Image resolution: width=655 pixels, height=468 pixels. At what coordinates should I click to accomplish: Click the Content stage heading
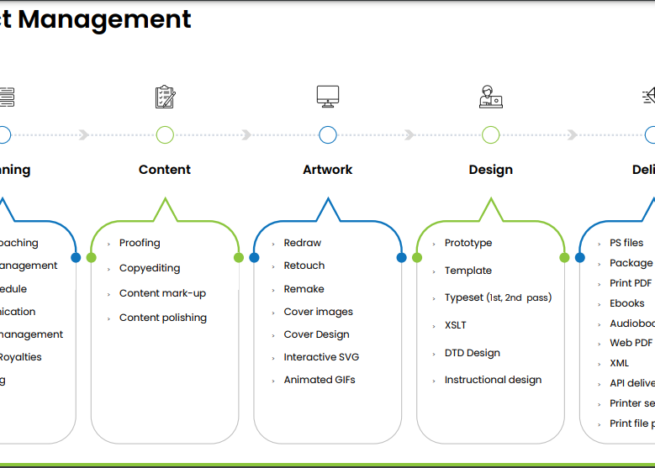165,170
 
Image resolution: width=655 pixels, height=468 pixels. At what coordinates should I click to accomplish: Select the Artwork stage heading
328,170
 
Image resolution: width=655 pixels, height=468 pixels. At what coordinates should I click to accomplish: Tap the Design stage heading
491,170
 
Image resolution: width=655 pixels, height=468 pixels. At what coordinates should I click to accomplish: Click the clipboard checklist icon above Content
165,97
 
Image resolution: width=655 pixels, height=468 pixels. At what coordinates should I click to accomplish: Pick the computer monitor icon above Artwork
328,97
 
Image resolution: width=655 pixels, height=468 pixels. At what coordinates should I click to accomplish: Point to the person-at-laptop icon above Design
491,97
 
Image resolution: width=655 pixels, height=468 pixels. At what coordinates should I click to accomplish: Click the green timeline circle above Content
165,134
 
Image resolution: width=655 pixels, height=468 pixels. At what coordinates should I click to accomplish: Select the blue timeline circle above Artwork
328,134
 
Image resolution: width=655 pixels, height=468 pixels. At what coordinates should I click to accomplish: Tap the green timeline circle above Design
491,134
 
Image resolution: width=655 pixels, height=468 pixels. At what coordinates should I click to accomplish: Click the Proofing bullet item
140,243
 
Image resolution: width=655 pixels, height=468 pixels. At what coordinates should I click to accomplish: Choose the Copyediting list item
150,268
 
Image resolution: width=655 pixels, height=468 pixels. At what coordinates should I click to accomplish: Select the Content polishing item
162,318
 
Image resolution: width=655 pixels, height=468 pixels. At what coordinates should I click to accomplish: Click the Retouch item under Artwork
304,266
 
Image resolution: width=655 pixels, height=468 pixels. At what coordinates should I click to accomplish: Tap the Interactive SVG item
321,357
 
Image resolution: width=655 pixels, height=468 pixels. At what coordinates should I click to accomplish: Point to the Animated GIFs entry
320,380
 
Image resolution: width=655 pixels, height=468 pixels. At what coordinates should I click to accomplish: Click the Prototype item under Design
468,243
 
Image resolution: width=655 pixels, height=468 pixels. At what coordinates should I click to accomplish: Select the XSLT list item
455,325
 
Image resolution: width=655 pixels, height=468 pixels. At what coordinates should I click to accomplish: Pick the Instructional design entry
493,380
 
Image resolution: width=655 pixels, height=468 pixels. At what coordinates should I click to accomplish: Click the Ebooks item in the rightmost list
627,303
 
